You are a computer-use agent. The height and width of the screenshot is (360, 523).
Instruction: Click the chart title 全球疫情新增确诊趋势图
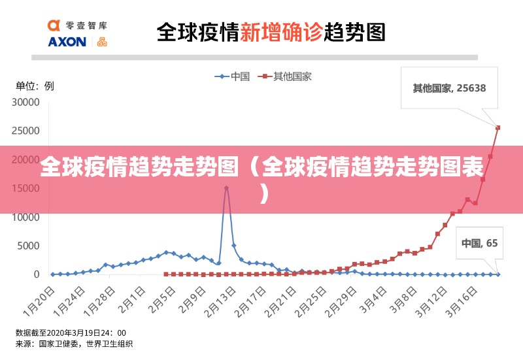click(271, 32)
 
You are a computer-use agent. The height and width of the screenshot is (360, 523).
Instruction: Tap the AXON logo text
click(67, 42)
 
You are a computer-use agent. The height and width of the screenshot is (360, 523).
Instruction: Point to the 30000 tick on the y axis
click(27, 103)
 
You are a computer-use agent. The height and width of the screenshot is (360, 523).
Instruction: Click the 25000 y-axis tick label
click(27, 131)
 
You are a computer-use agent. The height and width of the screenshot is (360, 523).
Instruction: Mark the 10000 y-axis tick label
click(27, 218)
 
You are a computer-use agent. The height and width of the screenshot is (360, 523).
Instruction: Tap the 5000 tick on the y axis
click(29, 246)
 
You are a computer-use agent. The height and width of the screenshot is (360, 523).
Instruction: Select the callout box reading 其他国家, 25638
click(448, 88)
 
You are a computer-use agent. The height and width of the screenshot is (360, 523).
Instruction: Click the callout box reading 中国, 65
click(479, 243)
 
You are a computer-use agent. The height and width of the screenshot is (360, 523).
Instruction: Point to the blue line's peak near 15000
click(226, 188)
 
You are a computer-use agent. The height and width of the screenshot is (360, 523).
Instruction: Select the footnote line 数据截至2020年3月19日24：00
click(71, 333)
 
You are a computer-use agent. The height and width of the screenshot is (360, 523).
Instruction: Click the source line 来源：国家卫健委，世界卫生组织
click(74, 344)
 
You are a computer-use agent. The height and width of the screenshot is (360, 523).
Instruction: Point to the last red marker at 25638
click(498, 127)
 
